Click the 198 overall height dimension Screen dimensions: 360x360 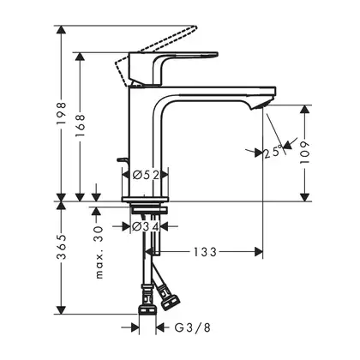[x=62, y=113]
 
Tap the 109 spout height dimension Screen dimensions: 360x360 [x=305, y=153]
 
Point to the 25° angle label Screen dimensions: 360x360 [x=273, y=152]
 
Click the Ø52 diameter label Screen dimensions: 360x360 [x=146, y=175]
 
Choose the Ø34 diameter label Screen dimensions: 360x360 [x=146, y=227]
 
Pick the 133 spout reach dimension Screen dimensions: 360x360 [x=206, y=252]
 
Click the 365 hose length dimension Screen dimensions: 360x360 [x=62, y=247]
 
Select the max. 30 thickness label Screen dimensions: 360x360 [x=99, y=252]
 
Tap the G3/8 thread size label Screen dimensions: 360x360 [x=192, y=327]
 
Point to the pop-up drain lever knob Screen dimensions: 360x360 [x=122, y=160]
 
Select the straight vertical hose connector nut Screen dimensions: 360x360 [x=147, y=310]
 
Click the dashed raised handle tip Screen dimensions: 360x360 [x=195, y=28]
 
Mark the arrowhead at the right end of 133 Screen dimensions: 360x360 [x=259, y=252]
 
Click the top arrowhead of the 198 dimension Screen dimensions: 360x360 [x=62, y=30]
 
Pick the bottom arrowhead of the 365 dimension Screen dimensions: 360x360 [x=62, y=310]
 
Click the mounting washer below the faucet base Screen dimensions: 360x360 [x=148, y=211]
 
